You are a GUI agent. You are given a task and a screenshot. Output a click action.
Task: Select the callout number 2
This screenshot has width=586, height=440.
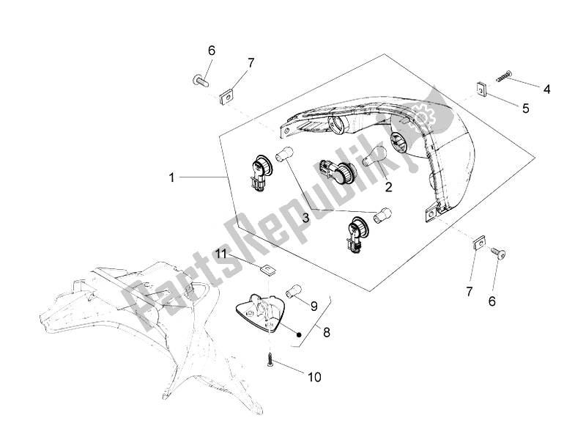388,186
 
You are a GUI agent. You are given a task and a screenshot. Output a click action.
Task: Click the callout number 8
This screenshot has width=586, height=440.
327,332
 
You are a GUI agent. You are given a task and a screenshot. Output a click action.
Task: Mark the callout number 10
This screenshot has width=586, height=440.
314,378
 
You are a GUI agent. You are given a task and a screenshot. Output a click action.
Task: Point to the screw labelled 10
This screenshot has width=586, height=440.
272,362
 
